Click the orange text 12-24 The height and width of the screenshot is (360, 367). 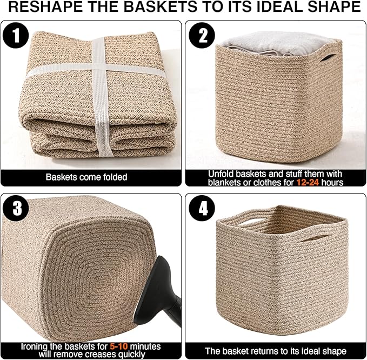306,182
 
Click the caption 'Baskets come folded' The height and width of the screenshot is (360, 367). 86,177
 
